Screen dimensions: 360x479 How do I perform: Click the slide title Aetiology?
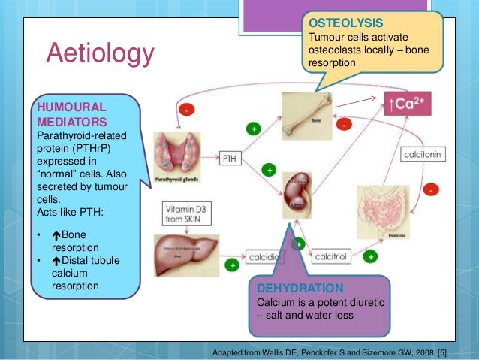pyautogui.click(x=100, y=53)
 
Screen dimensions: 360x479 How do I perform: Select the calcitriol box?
pyautogui.click(x=330, y=256)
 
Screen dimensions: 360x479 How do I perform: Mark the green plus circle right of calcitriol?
pyautogui.click(x=371, y=256)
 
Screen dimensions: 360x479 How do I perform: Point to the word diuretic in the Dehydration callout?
pyautogui.click(x=372, y=302)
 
